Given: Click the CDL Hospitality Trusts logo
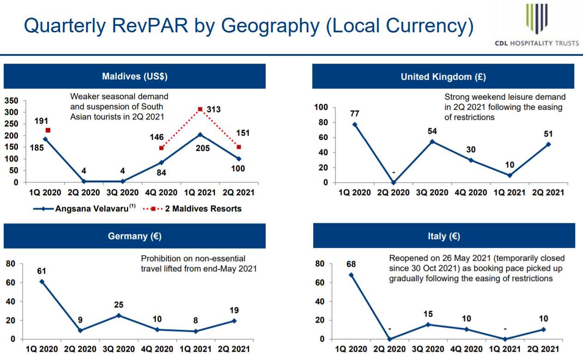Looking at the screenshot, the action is (537, 25).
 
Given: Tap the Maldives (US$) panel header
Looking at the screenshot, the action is (135, 76).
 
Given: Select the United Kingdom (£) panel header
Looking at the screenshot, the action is (443, 76).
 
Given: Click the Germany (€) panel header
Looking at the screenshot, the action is (135, 236).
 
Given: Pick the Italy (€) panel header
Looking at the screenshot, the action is (444, 235).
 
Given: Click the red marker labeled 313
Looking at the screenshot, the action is (200, 109).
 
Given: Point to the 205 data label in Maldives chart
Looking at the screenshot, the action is (202, 148).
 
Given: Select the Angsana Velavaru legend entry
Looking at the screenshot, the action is (84, 209).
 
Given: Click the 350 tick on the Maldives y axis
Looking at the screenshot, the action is (11, 101).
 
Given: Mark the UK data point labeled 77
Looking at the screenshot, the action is (355, 125).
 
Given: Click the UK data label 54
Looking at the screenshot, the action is (432, 131).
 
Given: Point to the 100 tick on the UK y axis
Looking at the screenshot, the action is (321, 107).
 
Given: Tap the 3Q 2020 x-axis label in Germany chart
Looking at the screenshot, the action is (119, 349).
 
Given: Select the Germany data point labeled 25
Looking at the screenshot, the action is (119, 315).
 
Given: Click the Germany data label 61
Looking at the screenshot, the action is (42, 271).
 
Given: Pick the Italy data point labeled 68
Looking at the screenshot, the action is (351, 275).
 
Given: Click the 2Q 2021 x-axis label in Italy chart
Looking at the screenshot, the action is (543, 349).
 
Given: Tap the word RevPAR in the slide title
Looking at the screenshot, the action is (150, 25).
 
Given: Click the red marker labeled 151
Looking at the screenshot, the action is (238, 147).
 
